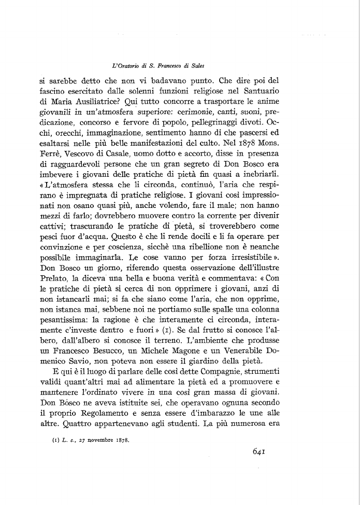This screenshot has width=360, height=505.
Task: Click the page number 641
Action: (x=259, y=451)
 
